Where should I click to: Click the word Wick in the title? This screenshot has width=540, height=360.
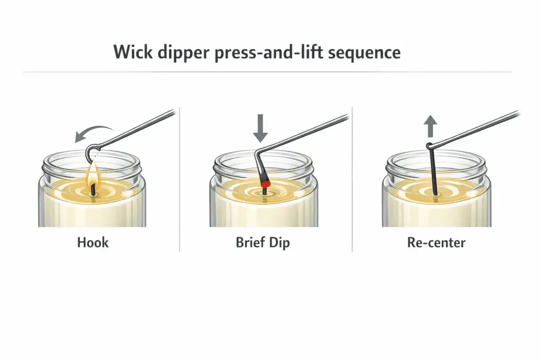coord(134,53)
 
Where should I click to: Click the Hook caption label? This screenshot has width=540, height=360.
coord(92,243)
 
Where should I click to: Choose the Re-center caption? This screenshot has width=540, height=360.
coord(436,243)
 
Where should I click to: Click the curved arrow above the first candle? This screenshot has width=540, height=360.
coord(95,132)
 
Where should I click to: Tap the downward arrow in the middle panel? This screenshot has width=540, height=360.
coord(259,130)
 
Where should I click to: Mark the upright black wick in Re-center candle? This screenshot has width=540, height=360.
coord(433,174)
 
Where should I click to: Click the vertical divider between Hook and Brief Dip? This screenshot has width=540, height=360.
coord(180,179)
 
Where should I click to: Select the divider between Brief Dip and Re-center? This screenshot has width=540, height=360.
coord(352,179)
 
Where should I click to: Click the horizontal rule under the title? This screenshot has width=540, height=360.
coord(264,72)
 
